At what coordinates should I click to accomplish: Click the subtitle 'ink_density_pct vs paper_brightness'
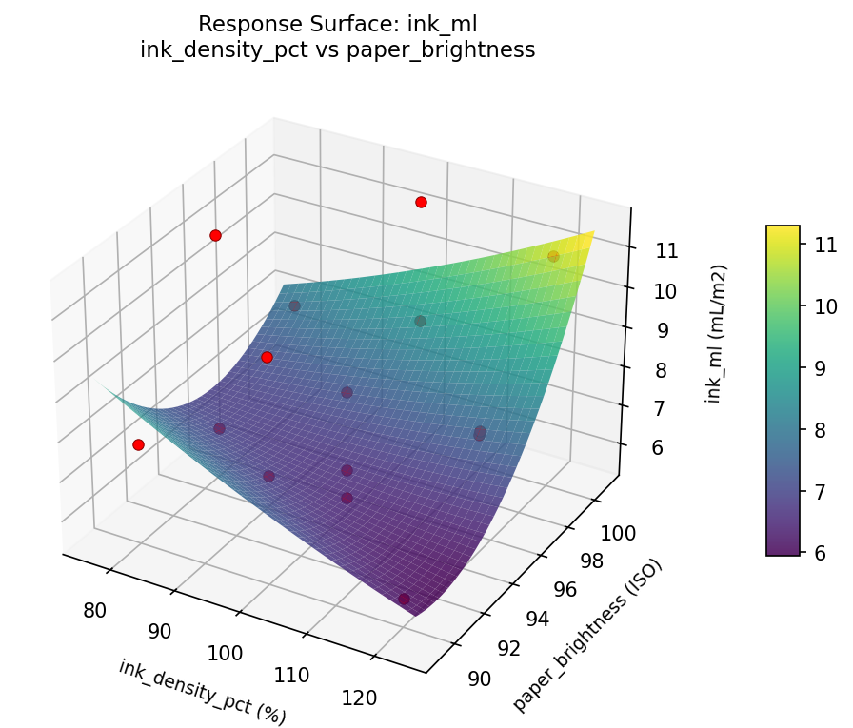click(337, 50)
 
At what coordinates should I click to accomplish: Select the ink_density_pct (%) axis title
click(202, 691)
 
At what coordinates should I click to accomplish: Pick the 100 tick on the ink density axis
click(226, 652)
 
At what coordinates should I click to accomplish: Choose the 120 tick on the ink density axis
click(358, 698)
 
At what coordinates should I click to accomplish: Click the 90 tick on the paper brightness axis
click(480, 679)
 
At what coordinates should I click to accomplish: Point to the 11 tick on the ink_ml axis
click(666, 251)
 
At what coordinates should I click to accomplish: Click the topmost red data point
click(421, 202)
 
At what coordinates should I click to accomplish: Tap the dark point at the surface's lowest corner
click(405, 599)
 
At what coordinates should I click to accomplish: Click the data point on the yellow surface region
click(553, 256)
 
